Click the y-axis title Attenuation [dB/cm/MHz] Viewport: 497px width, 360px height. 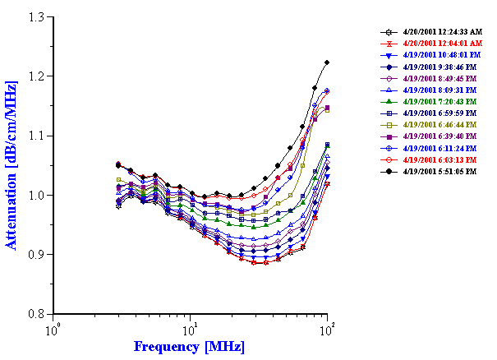12,165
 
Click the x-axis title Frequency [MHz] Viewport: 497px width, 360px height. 189,346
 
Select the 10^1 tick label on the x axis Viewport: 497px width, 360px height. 191,329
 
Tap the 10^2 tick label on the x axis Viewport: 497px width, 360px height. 328,329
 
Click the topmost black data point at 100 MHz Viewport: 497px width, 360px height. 328,62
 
